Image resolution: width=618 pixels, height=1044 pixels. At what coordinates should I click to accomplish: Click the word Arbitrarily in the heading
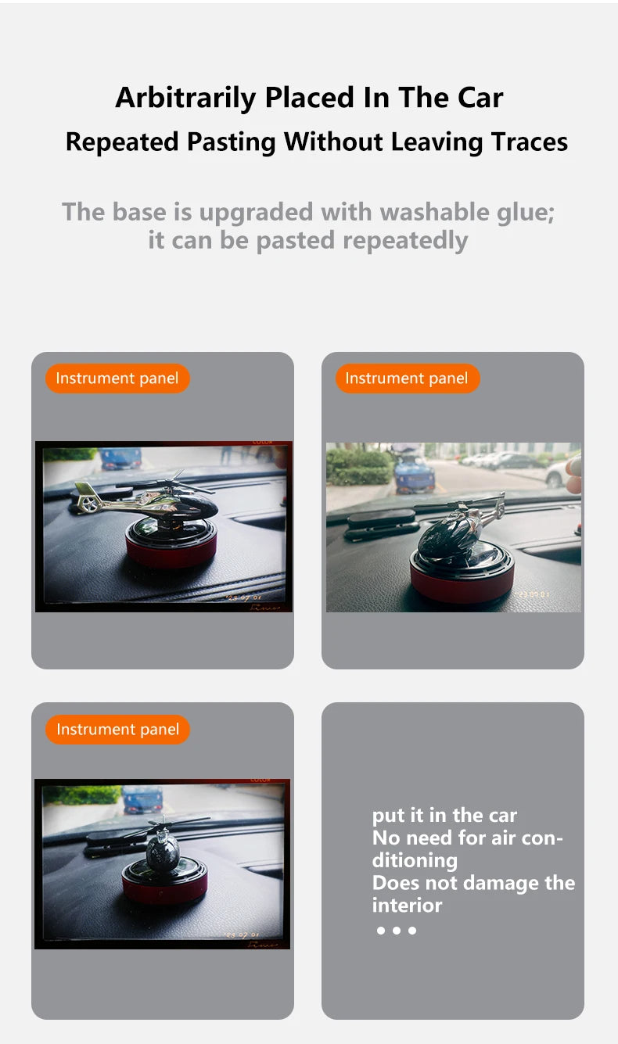[x=185, y=99]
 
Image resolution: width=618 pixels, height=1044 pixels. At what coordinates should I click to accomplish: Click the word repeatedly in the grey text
[x=405, y=241]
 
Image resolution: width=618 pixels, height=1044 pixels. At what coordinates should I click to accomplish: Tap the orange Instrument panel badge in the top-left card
[x=117, y=378]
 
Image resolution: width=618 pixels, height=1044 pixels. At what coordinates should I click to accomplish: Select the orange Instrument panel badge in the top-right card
[x=408, y=378]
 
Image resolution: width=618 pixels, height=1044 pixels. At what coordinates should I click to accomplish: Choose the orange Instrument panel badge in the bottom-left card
[x=117, y=729]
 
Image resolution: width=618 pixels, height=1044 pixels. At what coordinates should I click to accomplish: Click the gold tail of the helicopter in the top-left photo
[x=87, y=497]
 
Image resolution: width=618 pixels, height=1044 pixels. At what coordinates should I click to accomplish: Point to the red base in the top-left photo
[x=171, y=552]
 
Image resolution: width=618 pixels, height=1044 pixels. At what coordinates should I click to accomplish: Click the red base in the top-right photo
[x=462, y=587]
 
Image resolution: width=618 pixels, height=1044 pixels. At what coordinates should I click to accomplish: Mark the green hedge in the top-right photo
[x=360, y=466]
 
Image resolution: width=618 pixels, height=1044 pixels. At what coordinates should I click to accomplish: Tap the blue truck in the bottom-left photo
[x=142, y=799]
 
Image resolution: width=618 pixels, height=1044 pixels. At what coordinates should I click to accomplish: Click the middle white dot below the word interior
[x=397, y=931]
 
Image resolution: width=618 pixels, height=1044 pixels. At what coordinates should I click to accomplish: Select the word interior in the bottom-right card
[x=407, y=905]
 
